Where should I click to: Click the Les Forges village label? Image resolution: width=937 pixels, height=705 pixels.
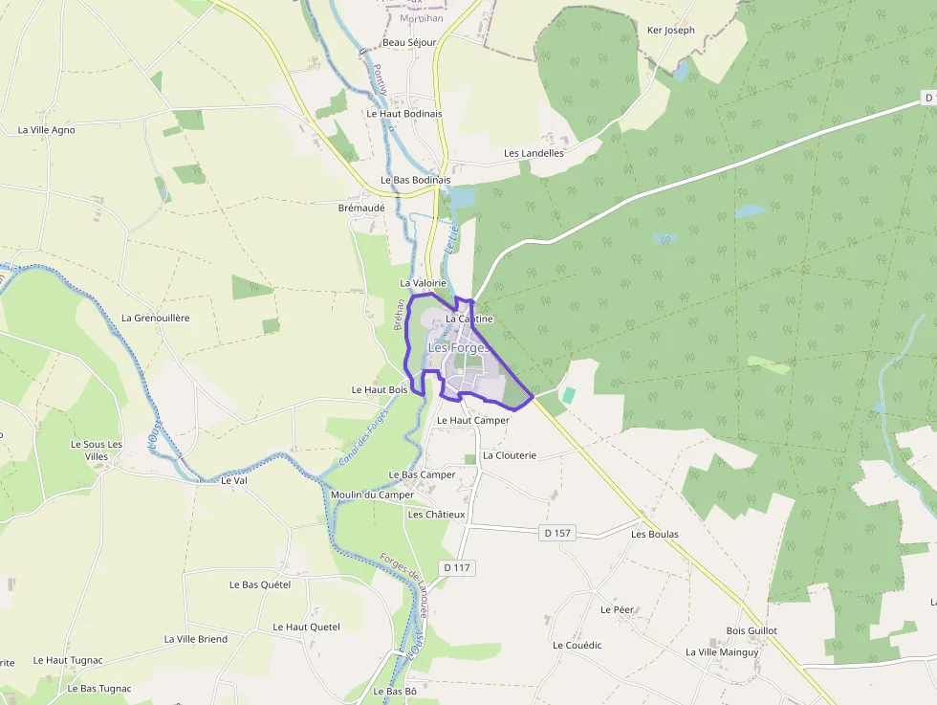tap(458, 348)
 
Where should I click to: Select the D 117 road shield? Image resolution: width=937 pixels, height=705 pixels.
tap(458, 568)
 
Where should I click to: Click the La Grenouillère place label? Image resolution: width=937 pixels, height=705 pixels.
tap(155, 318)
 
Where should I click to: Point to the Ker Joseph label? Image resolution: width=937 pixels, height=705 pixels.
tap(671, 31)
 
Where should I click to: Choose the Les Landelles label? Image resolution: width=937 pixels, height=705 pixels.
tap(534, 153)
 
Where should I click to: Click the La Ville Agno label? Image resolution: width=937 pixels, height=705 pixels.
tap(47, 130)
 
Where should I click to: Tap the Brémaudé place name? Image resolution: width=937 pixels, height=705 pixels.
tap(361, 207)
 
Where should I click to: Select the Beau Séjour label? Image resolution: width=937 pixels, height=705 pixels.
tap(409, 43)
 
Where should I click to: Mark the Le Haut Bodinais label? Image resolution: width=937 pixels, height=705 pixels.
tap(404, 113)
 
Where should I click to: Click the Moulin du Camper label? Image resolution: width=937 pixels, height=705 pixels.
tap(372, 495)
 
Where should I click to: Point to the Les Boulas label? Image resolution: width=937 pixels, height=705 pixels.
tap(655, 534)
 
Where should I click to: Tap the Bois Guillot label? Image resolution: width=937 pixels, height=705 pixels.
tap(752, 631)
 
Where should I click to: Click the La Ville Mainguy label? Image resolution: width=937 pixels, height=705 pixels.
tap(722, 652)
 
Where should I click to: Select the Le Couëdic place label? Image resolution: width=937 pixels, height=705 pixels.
tap(577, 646)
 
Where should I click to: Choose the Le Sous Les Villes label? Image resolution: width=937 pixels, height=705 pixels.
tap(97, 451)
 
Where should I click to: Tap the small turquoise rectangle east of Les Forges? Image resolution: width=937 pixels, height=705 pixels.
tap(569, 394)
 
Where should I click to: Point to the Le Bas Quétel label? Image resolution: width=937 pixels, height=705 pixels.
tap(260, 584)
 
